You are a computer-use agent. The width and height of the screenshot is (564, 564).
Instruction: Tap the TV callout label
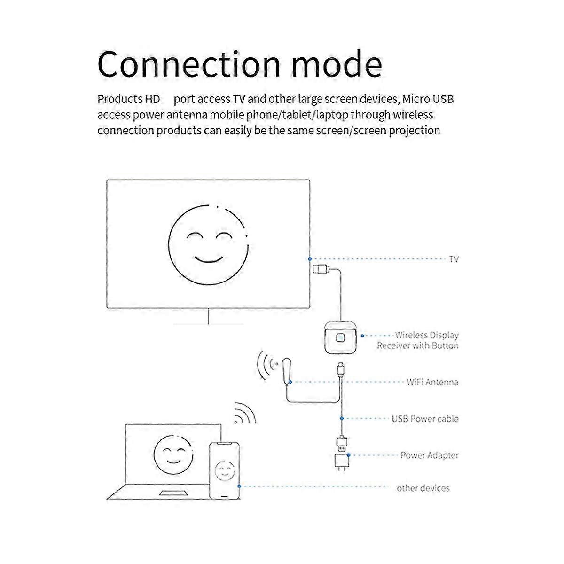pos(454,259)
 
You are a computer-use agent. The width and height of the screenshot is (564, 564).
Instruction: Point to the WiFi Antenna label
pos(432,382)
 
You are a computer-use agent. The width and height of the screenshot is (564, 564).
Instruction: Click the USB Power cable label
pos(425,418)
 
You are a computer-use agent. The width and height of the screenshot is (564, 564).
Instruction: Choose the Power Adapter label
pos(429,455)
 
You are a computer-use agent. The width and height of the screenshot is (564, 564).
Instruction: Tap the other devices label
pos(423,488)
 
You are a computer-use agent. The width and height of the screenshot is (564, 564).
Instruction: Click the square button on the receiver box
pos(340,337)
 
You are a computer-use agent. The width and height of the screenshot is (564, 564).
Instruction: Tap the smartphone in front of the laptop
pos(224,470)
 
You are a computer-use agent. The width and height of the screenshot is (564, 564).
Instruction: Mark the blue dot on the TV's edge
pos(310,259)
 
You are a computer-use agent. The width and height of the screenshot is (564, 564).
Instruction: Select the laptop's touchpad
pos(174,493)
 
